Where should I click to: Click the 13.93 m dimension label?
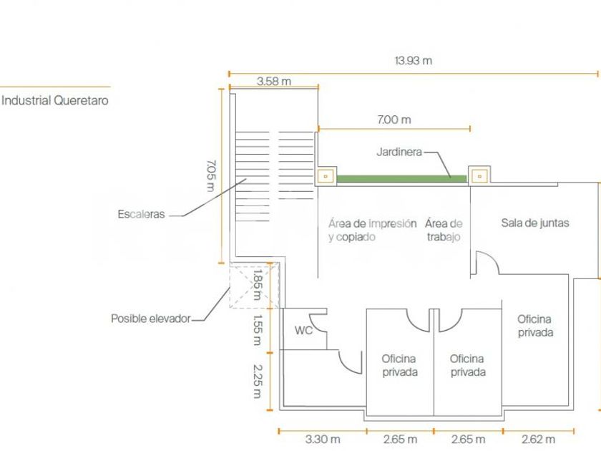(414, 61)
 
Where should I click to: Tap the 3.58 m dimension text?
(273, 82)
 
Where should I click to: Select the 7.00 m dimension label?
(394, 120)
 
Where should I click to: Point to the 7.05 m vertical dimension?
(211, 175)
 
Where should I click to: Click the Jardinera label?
(399, 152)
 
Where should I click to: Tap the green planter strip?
(401, 179)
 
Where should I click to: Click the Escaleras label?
(141, 214)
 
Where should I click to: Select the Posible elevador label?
(151, 319)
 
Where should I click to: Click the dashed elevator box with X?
(254, 286)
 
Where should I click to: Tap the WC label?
(303, 330)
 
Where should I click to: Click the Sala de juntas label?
(535, 223)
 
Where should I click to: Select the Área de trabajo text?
(444, 230)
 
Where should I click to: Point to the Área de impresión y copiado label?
(372, 230)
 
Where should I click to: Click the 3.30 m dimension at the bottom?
(323, 439)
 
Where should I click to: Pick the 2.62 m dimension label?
(538, 439)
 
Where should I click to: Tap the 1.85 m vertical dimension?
(257, 285)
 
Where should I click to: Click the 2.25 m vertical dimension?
(258, 381)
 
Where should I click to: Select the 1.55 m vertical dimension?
(257, 330)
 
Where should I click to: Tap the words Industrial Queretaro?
(55, 100)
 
